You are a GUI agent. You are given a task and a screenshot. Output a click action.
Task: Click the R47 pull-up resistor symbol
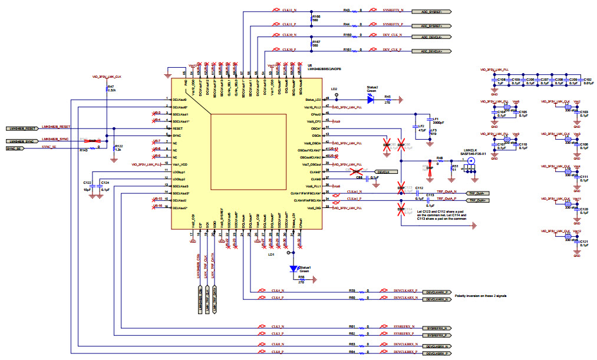tap(107, 90)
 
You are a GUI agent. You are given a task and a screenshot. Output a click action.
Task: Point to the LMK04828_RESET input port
tap(22, 128)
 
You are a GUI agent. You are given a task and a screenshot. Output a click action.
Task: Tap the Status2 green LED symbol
tap(370, 100)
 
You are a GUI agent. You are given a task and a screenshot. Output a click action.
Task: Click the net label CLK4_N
tap(278, 291)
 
